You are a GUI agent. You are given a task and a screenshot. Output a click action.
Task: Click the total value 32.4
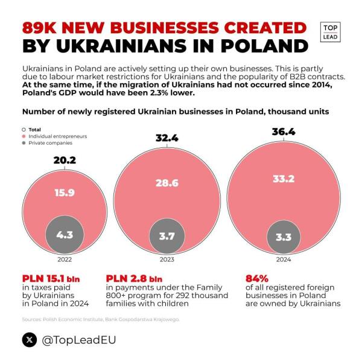pyautogui.click(x=167, y=139)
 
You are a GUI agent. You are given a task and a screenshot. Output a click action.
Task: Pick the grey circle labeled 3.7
pyautogui.click(x=167, y=236)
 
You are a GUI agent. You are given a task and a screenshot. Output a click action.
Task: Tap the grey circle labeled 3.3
pyautogui.click(x=283, y=237)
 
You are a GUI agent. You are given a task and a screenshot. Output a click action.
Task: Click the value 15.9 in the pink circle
pyautogui.click(x=65, y=193)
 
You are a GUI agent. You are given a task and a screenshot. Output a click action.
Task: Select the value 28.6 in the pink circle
pyautogui.click(x=167, y=183)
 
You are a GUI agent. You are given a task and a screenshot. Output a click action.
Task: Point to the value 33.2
pyautogui.click(x=283, y=178)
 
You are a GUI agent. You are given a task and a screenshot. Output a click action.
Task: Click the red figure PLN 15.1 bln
pyautogui.click(x=51, y=279)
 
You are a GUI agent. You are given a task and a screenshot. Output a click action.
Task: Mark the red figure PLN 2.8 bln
pyautogui.click(x=134, y=279)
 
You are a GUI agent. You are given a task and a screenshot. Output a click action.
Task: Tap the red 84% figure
pyautogui.click(x=256, y=279)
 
